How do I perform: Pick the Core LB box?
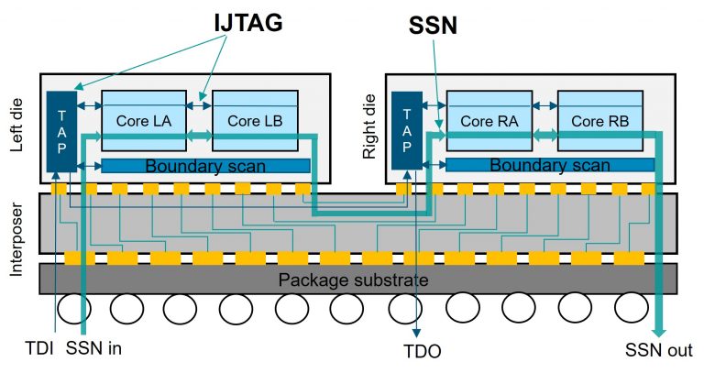[255, 121]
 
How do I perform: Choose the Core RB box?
[599, 121]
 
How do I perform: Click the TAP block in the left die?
[61, 129]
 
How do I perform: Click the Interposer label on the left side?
[22, 229]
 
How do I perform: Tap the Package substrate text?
[353, 279]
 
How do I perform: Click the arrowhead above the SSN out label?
[658, 329]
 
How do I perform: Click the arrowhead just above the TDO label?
[419, 335]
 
